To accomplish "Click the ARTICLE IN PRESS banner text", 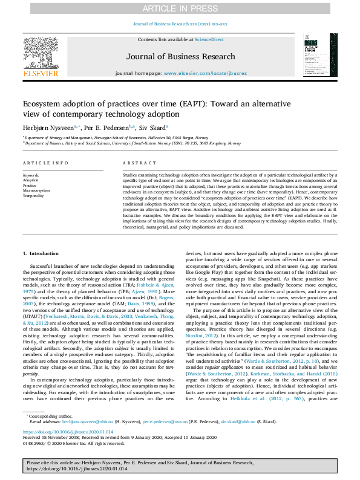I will pyautogui.click(x=180, y=8).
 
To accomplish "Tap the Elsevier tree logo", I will pyautogui.click(x=41, y=53).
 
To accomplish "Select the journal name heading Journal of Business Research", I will pyautogui.click(x=180, y=57).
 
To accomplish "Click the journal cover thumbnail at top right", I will pyautogui.click(x=316, y=54).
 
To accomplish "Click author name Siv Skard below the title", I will pyautogui.click(x=151, y=128).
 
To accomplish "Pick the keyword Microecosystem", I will pyautogui.click(x=36, y=190).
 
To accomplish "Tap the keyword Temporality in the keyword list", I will pyautogui.click(x=33, y=196).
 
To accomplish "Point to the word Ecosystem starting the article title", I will pyautogui.click(x=45, y=103).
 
